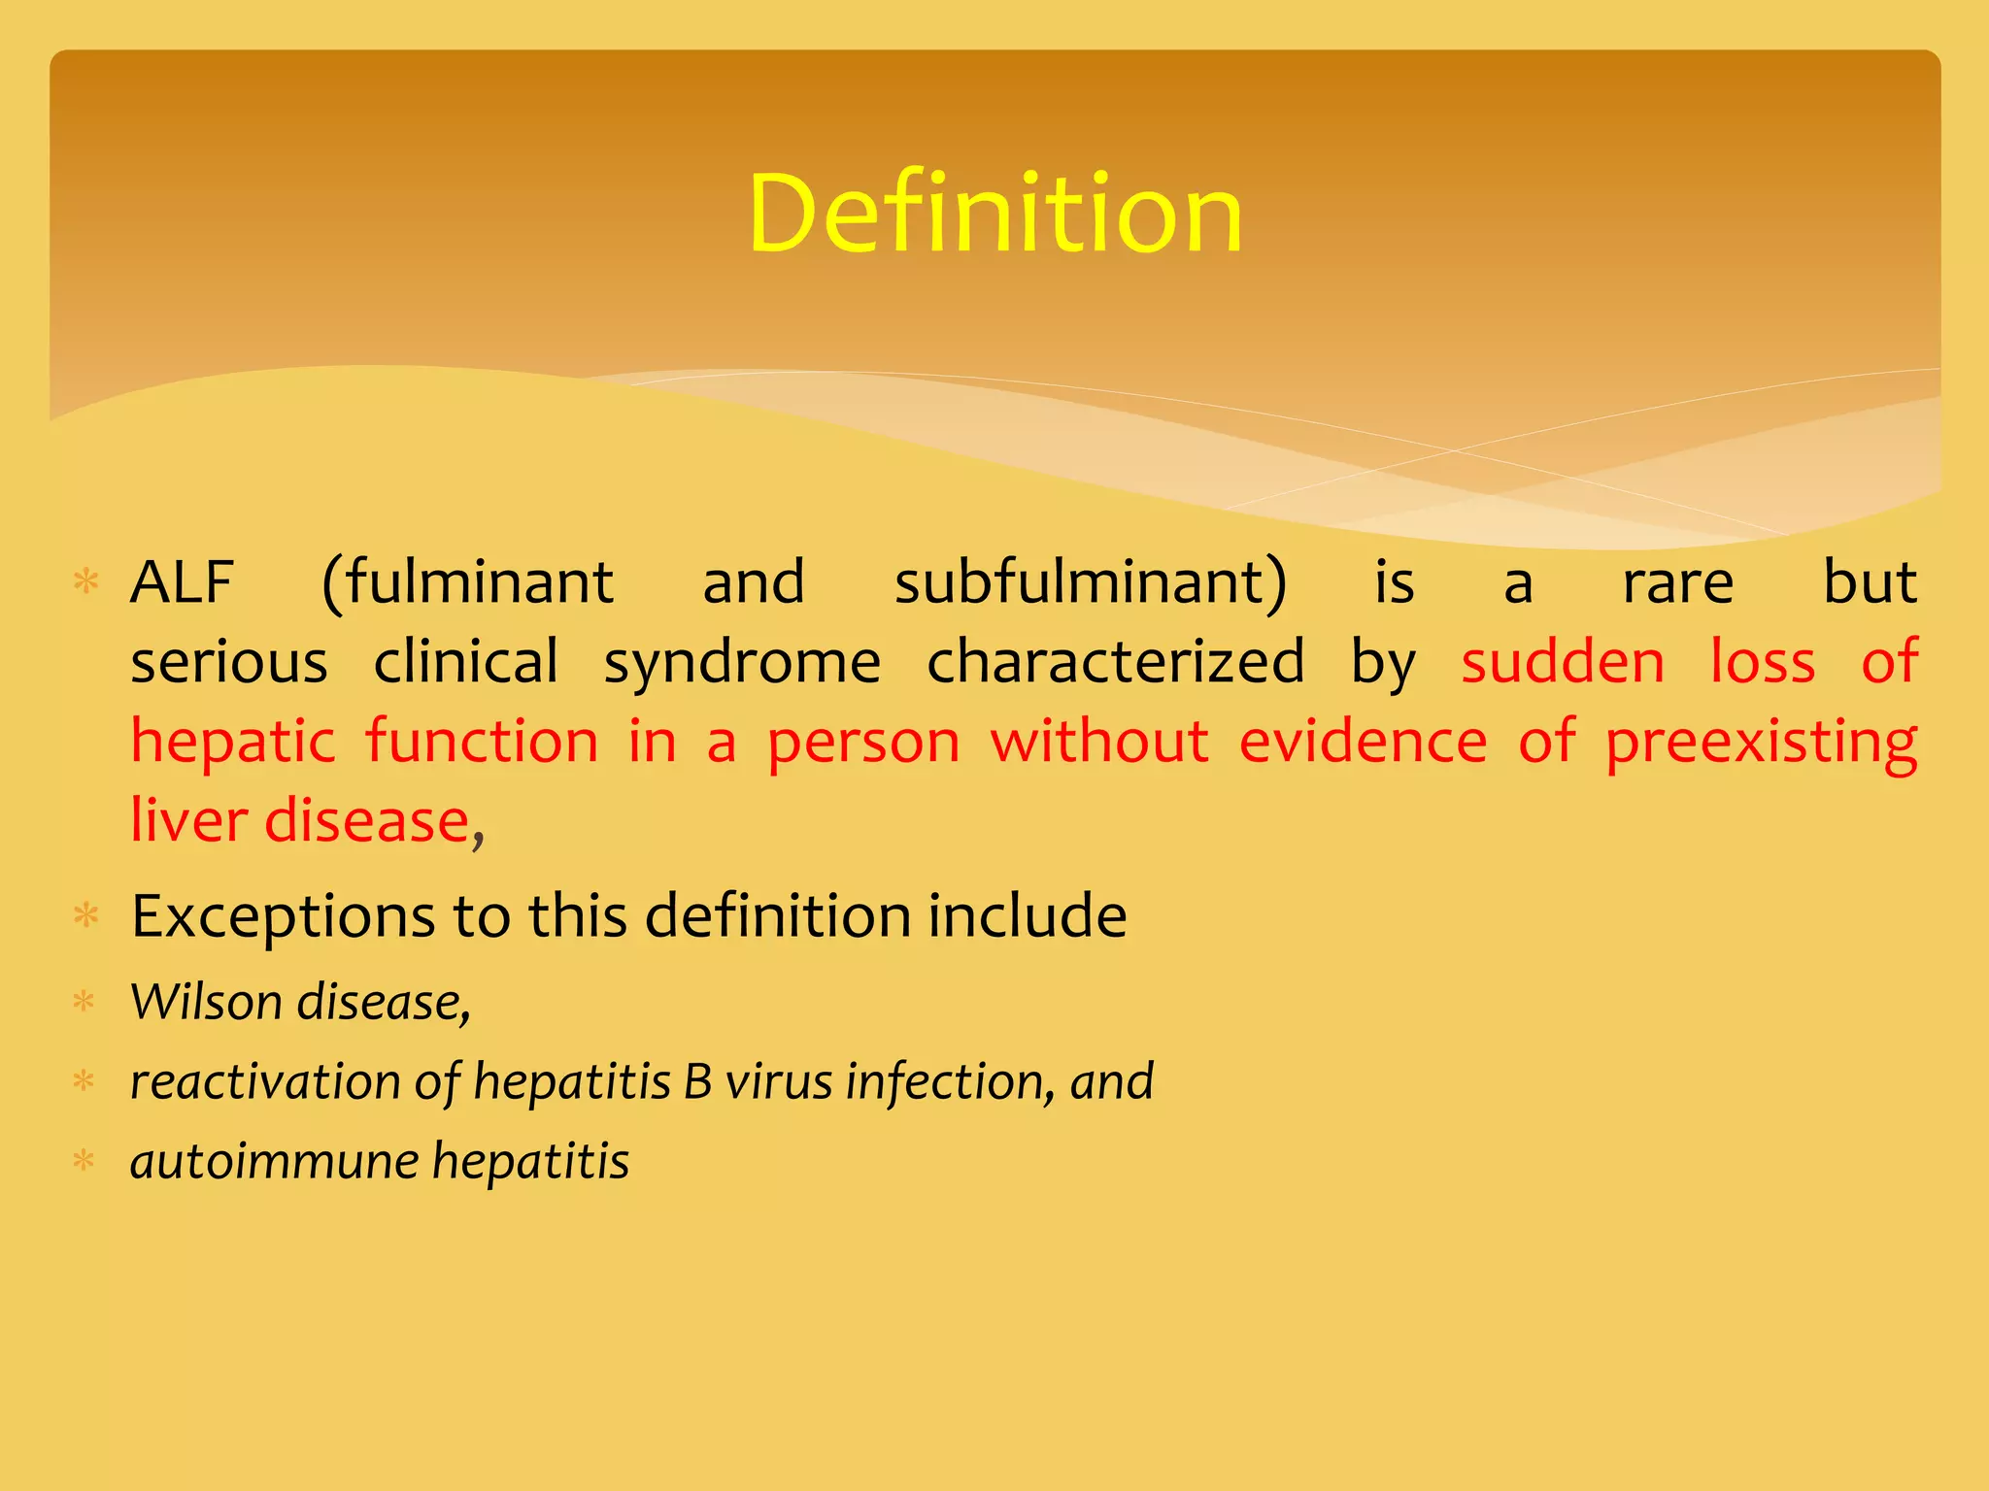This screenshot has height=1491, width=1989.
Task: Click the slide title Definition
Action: pos(994,214)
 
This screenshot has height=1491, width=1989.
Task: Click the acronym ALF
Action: pos(182,582)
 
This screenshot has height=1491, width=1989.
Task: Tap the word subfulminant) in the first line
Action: pos(1090,582)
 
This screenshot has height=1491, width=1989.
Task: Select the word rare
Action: pos(1677,582)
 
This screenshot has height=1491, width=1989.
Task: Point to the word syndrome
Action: pos(742,663)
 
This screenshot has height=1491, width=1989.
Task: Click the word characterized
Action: pos(1115,663)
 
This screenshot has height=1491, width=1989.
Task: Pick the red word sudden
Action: pos(1563,663)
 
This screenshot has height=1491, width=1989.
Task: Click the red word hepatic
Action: pos(233,743)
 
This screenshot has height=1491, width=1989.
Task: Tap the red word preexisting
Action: pos(1761,743)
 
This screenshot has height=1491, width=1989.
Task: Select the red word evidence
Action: pos(1363,743)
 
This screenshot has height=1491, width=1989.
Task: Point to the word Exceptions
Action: pos(283,916)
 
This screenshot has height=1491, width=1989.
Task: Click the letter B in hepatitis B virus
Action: pos(697,1081)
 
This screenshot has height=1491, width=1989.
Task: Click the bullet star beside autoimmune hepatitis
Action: pos(84,1161)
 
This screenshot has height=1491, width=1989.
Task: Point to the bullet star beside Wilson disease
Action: pos(84,1002)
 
